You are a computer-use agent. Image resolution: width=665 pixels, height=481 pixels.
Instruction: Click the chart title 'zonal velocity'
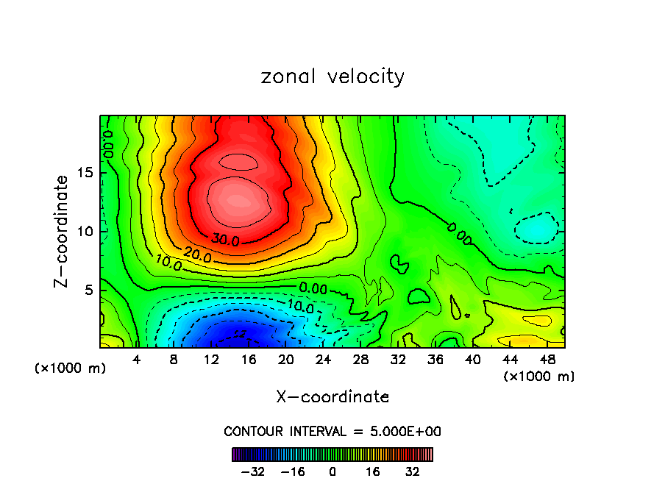point(332,76)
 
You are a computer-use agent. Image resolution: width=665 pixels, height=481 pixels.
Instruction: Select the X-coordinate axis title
point(332,397)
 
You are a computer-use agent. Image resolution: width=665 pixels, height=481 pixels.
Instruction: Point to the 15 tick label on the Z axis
point(85,173)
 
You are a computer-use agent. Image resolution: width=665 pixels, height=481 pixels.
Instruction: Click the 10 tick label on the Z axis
point(85,232)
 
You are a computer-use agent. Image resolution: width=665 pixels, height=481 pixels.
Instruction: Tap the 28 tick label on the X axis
point(360,360)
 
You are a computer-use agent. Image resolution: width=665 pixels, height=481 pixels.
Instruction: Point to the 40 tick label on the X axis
point(472,360)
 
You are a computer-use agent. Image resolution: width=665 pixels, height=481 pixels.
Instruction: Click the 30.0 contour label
point(226,240)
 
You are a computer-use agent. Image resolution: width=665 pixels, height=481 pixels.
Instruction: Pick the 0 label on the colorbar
point(332,472)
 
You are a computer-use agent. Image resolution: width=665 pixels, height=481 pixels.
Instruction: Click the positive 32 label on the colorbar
point(413,472)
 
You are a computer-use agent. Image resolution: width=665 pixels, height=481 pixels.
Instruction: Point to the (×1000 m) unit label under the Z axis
point(71,368)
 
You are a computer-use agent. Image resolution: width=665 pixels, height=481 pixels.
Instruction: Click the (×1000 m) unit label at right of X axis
point(539,377)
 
